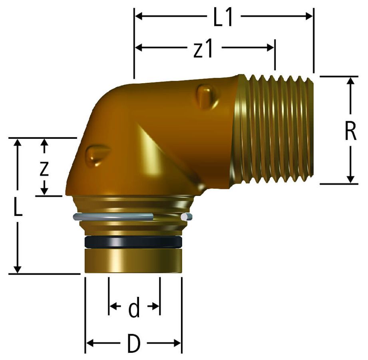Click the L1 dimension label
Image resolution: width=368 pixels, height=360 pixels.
223,18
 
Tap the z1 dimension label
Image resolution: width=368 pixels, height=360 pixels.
203,49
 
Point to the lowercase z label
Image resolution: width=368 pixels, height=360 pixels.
44,168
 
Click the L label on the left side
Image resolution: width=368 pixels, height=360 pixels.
18,207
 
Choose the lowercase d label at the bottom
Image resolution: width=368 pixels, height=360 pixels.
134,307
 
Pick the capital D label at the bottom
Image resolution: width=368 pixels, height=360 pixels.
134,344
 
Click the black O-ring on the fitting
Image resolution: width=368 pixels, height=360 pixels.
133,242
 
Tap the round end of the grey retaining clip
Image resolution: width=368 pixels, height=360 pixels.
185,217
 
